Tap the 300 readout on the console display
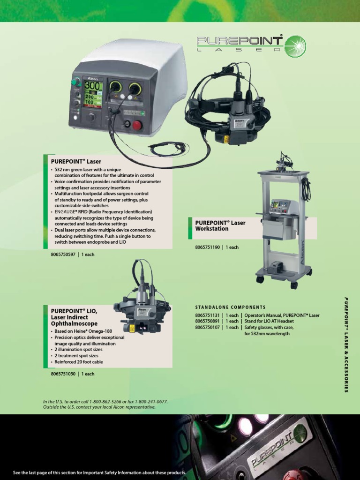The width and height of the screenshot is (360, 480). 92,87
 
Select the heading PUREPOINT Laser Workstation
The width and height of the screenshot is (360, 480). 220,226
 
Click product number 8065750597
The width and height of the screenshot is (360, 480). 63,254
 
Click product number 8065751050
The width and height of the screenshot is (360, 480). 63,374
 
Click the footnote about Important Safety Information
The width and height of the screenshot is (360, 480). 99,472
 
